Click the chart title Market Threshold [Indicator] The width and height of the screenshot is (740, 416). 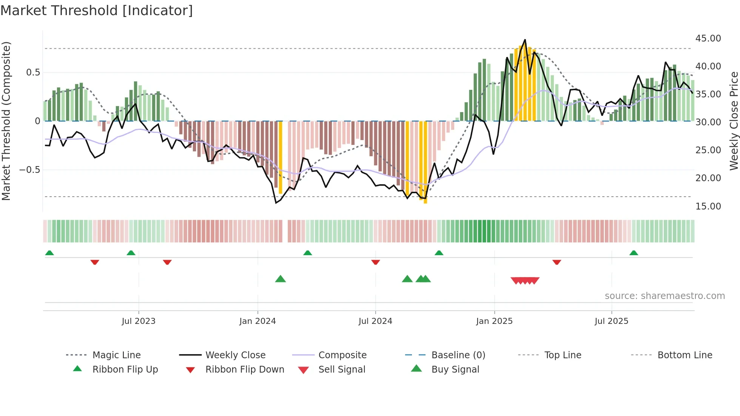coord(97,11)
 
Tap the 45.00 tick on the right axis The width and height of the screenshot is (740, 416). coord(708,38)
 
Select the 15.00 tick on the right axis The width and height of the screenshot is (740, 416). coord(708,206)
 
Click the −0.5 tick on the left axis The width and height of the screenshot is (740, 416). coord(29,169)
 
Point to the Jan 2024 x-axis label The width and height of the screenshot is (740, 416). coord(257,321)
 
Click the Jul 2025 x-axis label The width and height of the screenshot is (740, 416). coord(611,321)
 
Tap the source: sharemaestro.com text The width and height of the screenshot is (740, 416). coord(664,296)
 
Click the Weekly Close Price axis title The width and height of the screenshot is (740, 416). coord(734,121)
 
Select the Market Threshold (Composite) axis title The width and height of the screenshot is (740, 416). coord(6,121)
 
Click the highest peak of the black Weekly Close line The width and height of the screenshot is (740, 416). coord(525,40)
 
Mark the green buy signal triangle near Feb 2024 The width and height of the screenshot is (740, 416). coord(280,279)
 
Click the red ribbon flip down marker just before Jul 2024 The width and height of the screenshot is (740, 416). coord(375,262)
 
